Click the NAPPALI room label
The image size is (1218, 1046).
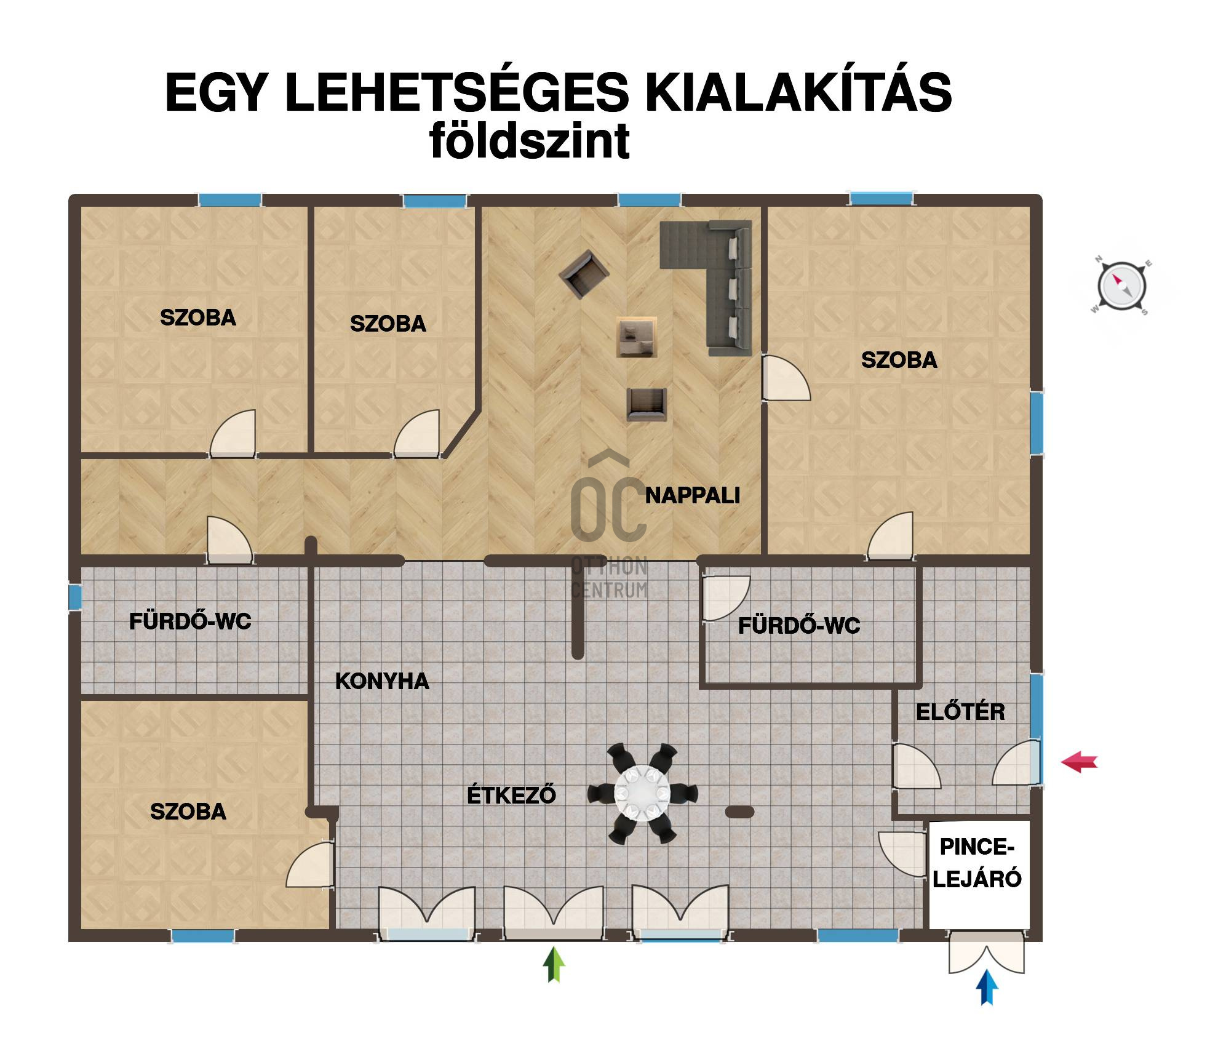click(692, 495)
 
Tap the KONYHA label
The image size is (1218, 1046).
click(382, 681)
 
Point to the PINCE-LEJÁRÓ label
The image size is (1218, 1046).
click(977, 863)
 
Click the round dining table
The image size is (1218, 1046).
click(642, 792)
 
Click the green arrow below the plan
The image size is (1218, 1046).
click(554, 964)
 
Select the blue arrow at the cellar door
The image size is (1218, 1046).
click(987, 988)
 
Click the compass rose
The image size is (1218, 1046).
click(1121, 286)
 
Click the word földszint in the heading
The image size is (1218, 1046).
click(530, 141)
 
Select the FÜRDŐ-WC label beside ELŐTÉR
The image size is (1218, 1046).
click(798, 626)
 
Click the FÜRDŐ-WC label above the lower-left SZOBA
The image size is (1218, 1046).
click(190, 621)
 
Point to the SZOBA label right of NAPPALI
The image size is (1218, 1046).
click(899, 360)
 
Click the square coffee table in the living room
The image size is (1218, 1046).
click(637, 337)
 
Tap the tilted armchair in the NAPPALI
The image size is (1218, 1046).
click(584, 274)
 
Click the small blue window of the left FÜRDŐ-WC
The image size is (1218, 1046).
click(74, 597)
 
